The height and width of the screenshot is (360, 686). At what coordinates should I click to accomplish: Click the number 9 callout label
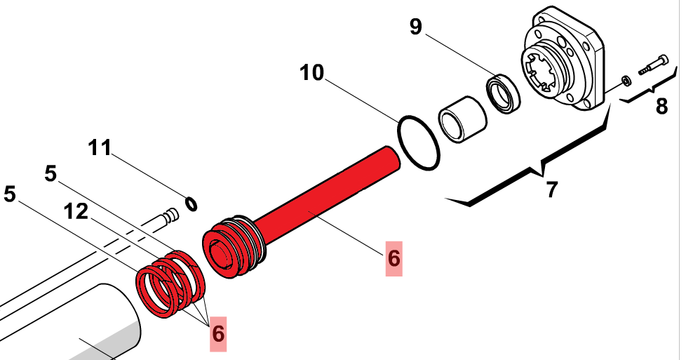click(416, 27)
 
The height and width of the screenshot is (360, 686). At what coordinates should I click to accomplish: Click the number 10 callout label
click(312, 73)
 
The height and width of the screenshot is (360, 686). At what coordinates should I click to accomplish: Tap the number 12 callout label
click(76, 211)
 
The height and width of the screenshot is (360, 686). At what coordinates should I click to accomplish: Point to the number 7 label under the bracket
click(552, 189)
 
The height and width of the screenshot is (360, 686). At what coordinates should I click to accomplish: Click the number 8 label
click(661, 107)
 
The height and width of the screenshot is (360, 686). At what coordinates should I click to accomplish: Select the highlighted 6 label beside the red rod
click(394, 258)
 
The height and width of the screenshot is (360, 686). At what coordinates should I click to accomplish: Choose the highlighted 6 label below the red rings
click(219, 331)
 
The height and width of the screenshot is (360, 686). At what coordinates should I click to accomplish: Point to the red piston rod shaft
click(330, 189)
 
